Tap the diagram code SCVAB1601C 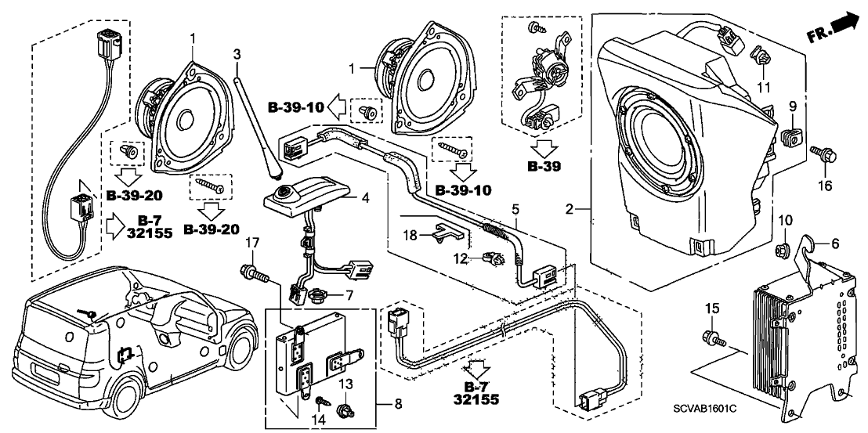coord(743,409)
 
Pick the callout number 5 coord(515,209)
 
